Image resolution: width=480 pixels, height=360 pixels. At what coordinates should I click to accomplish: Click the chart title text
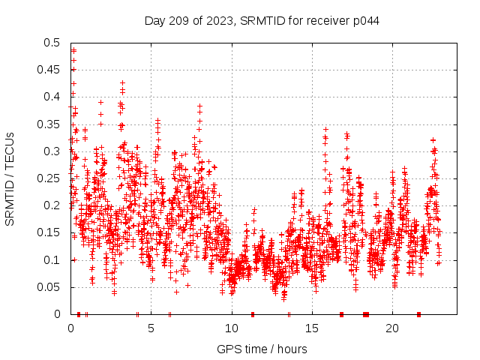click(x=262, y=20)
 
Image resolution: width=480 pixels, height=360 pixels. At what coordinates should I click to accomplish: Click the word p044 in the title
click(x=364, y=20)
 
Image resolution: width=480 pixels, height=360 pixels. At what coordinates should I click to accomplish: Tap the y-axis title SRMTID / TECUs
click(x=10, y=178)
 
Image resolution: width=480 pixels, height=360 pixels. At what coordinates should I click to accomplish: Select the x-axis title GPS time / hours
click(x=262, y=349)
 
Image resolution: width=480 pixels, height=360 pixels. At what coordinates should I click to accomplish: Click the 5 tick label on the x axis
click(x=151, y=328)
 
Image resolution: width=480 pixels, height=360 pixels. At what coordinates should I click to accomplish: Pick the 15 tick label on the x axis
click(x=311, y=328)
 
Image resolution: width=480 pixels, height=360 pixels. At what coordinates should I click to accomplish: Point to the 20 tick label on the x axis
click(x=391, y=328)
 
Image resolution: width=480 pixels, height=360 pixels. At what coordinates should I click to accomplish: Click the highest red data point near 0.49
click(x=73, y=50)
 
